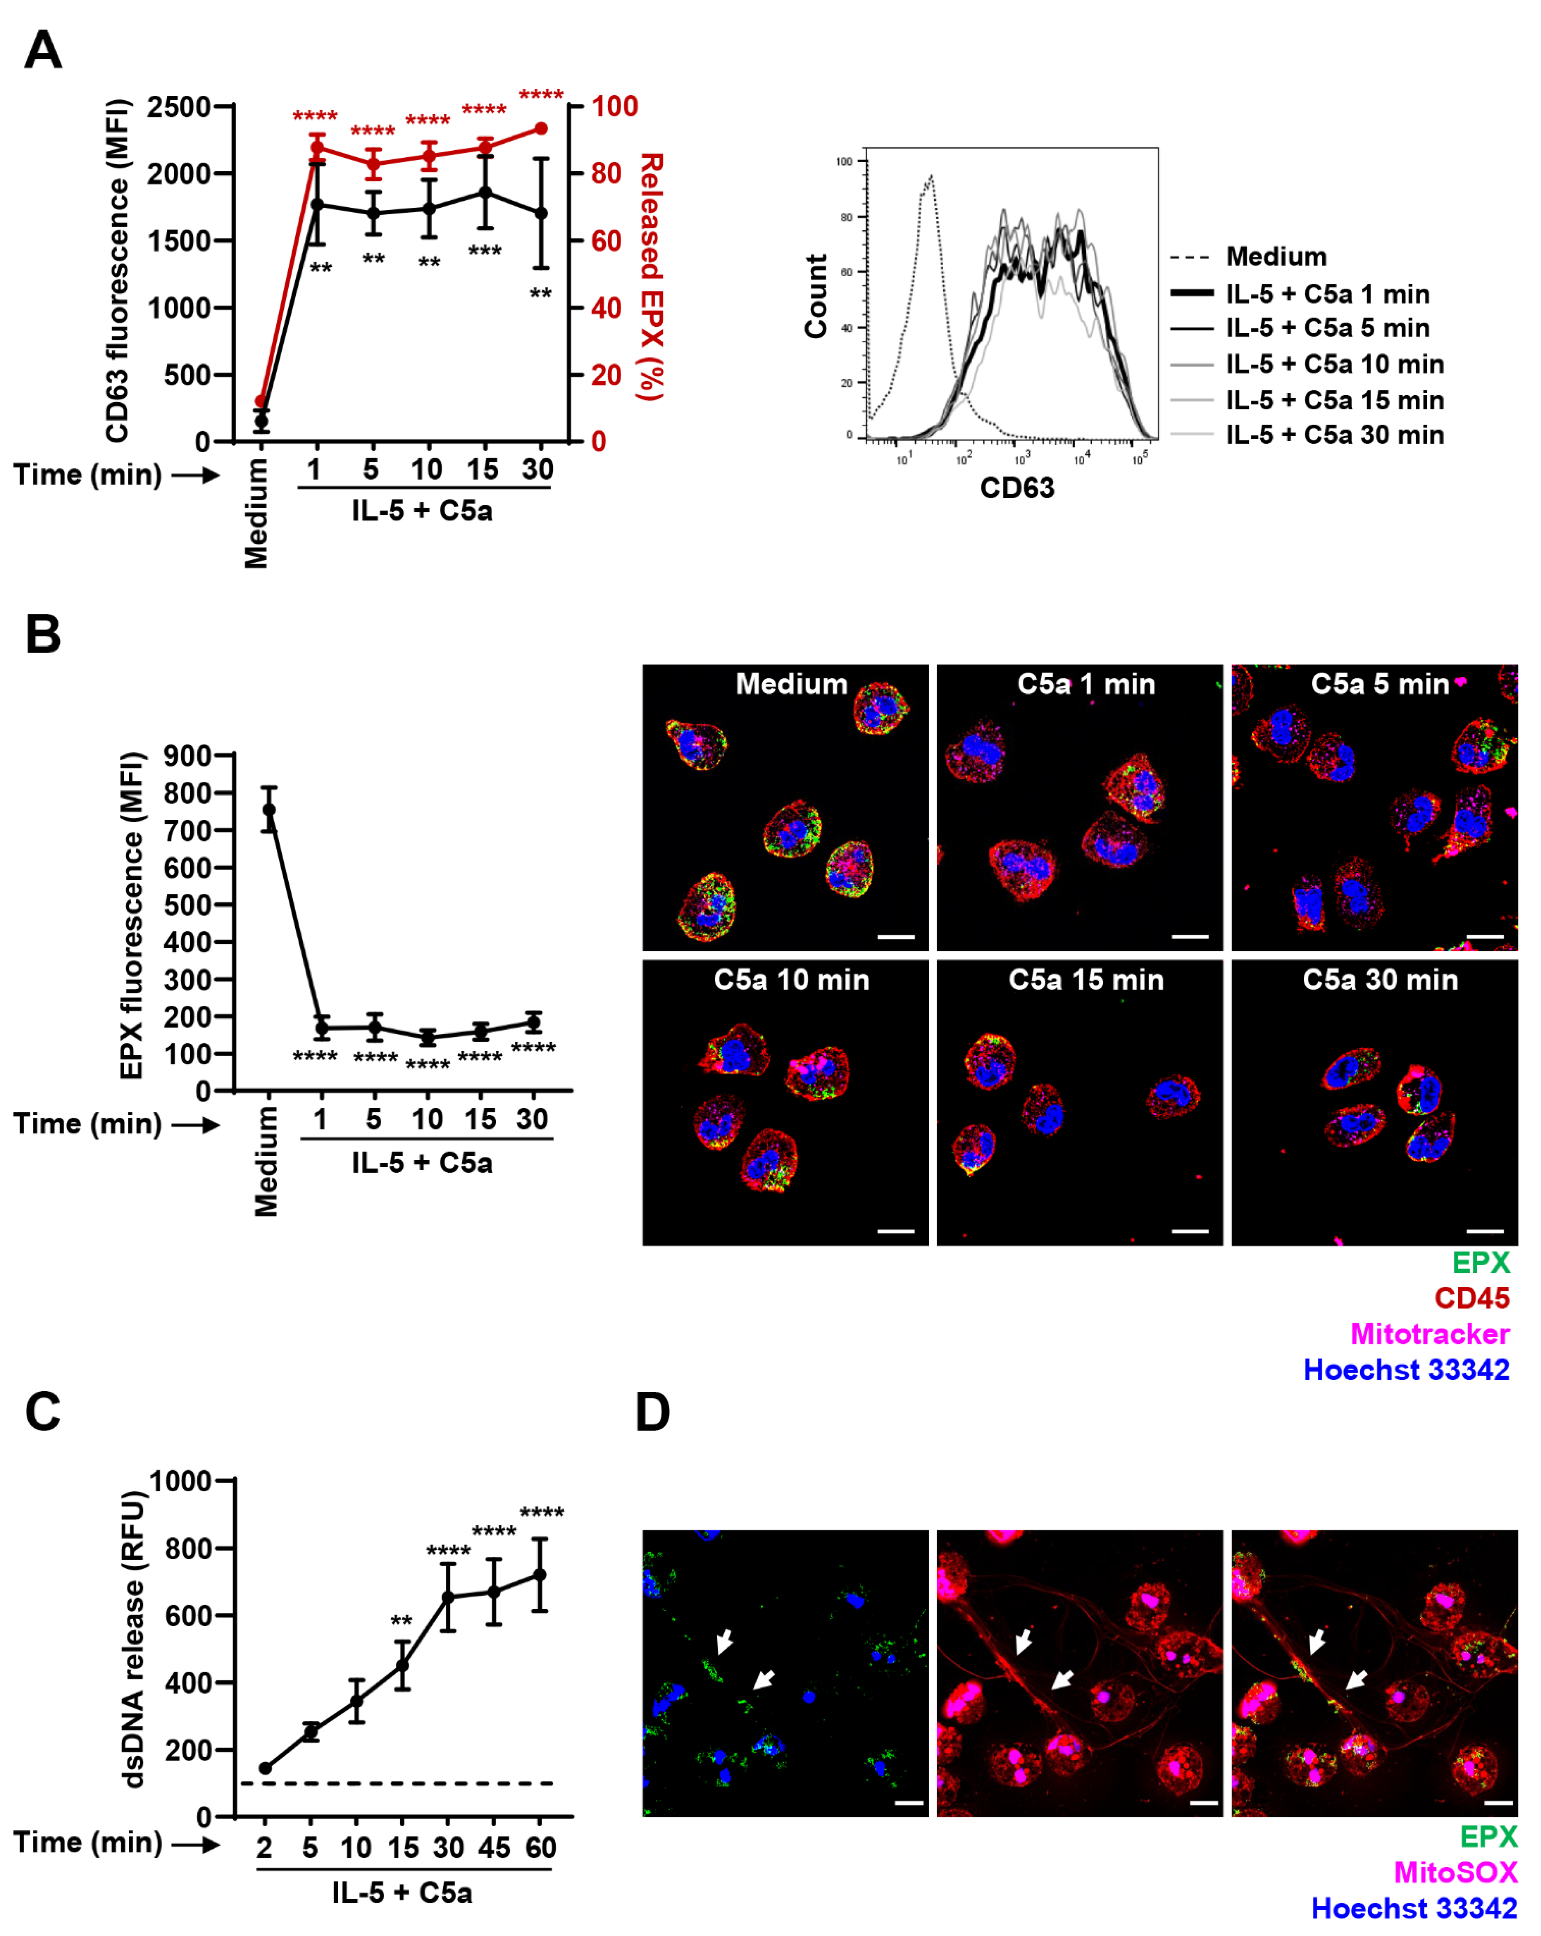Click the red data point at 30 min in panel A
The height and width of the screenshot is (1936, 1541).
[541, 128]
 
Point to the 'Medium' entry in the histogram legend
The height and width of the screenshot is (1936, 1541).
[1275, 257]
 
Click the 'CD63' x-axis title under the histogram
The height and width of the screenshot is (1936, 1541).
[1016, 488]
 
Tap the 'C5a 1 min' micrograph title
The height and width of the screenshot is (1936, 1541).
[1086, 684]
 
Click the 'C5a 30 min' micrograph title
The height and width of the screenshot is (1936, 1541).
[1380, 980]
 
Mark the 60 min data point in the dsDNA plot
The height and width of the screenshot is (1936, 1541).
[540, 1575]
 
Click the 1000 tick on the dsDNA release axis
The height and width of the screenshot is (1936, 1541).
[179, 1481]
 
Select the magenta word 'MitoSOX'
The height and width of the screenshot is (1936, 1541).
[1455, 1872]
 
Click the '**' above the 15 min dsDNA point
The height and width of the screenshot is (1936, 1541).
[401, 1622]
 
